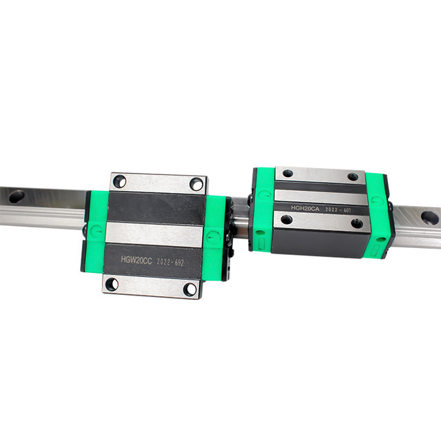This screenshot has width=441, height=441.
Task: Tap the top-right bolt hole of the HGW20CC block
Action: coord(196,184)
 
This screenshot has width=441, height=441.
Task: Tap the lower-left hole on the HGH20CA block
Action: coord(286,220)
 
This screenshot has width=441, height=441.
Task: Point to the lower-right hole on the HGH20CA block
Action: coord(356,223)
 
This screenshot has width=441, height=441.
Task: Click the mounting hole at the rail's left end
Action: coord(17,195)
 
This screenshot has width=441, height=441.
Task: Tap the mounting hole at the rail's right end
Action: coord(429,218)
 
